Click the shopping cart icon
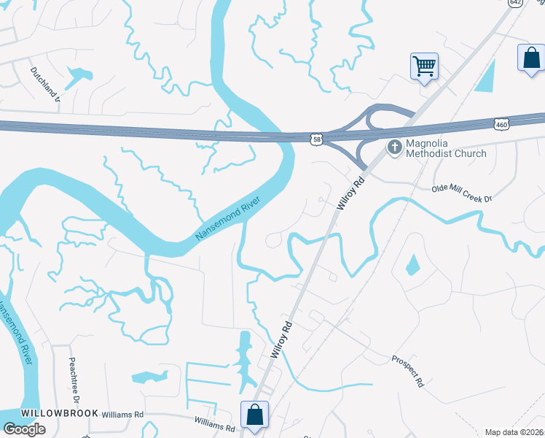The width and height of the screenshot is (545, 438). click(x=424, y=66)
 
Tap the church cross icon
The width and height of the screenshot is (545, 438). click(x=394, y=148)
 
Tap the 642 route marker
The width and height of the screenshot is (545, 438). click(x=516, y=3)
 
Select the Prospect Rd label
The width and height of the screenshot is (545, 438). click(x=407, y=371)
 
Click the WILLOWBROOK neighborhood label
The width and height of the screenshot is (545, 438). click(x=50, y=413)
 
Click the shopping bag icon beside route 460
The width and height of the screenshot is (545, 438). click(x=531, y=58)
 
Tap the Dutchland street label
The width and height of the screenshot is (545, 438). click(x=44, y=85)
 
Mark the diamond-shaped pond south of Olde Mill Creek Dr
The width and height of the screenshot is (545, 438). click(x=413, y=264)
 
